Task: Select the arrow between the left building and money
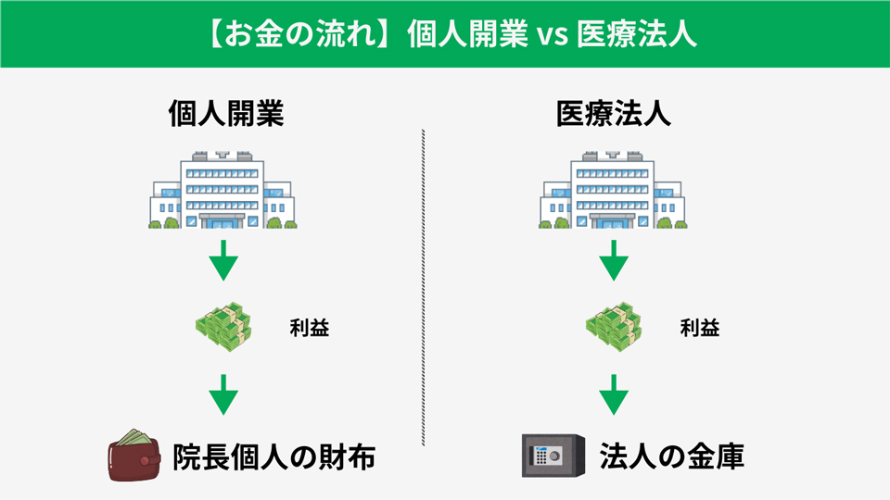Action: coord(222,263)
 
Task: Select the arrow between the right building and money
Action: coord(613,263)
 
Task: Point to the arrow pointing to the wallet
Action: coord(222,396)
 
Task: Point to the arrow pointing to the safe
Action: coord(613,396)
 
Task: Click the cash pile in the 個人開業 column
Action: coord(222,328)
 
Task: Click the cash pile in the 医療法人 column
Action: coord(613,328)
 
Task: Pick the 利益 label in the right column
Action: coord(700,329)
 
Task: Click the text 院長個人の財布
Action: coord(274,457)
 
